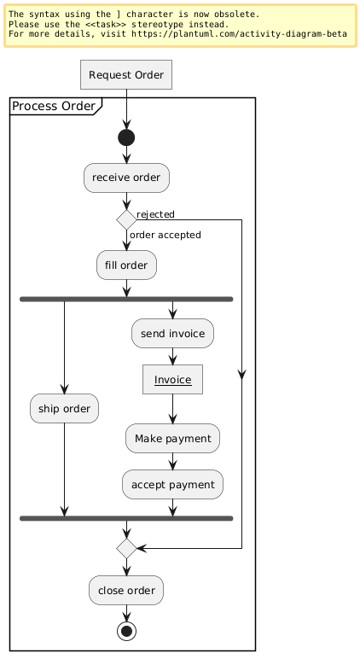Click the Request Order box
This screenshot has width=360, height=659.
point(126,75)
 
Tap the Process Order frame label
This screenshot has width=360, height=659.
point(54,107)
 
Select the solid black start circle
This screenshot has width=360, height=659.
point(126,137)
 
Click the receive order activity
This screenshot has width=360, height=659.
point(126,178)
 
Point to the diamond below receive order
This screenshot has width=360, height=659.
point(126,219)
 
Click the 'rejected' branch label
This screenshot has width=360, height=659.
point(155,214)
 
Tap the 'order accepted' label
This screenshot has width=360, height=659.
point(165,235)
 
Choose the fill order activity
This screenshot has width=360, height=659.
point(126,265)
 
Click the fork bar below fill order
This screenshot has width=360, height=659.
point(126,300)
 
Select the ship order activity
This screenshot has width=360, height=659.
point(64,409)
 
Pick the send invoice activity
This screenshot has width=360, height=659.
point(172,334)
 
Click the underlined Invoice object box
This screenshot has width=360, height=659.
point(172,380)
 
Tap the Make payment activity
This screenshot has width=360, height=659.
point(172,439)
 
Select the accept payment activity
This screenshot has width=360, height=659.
point(172,485)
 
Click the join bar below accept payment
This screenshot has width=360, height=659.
point(126,519)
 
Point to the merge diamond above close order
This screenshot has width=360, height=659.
point(126,549)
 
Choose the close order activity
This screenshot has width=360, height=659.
point(126,591)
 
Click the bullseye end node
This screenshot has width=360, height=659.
point(126,631)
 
